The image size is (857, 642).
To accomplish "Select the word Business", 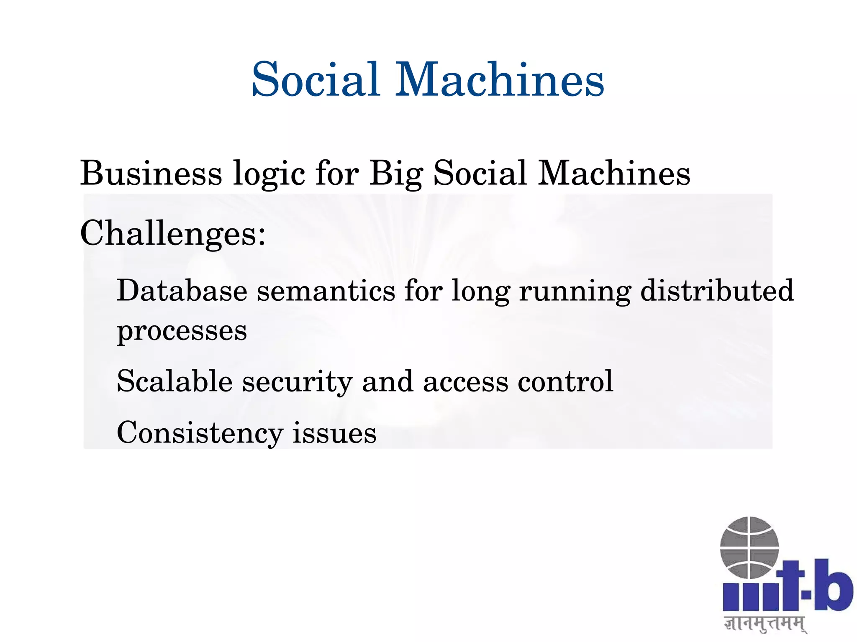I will click(151, 173).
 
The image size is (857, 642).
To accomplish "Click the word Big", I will click(396, 174).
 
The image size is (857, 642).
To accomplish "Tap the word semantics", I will click(326, 291).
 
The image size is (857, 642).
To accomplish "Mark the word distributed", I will click(717, 290).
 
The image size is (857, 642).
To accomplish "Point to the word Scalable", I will click(174, 381).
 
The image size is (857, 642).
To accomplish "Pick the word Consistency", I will click(200, 433).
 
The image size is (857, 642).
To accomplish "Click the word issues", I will click(334, 432).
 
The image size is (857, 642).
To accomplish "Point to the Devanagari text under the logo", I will click(765, 624).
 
